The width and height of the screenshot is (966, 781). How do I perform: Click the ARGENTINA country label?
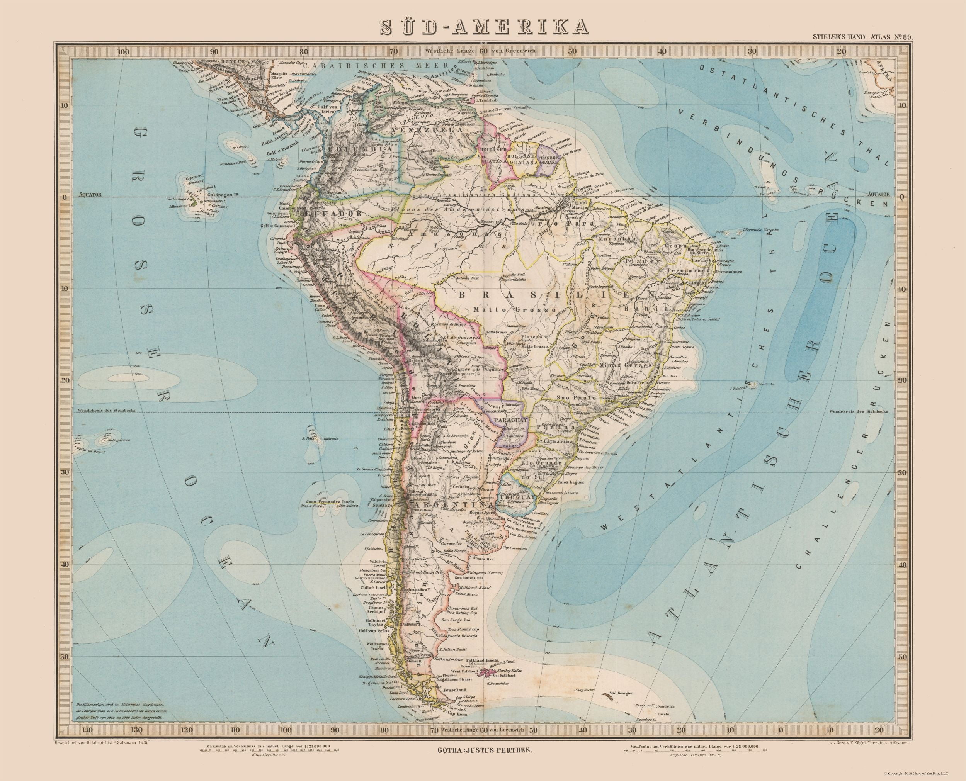click(x=455, y=505)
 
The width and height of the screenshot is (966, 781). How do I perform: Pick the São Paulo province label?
click(x=570, y=398)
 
